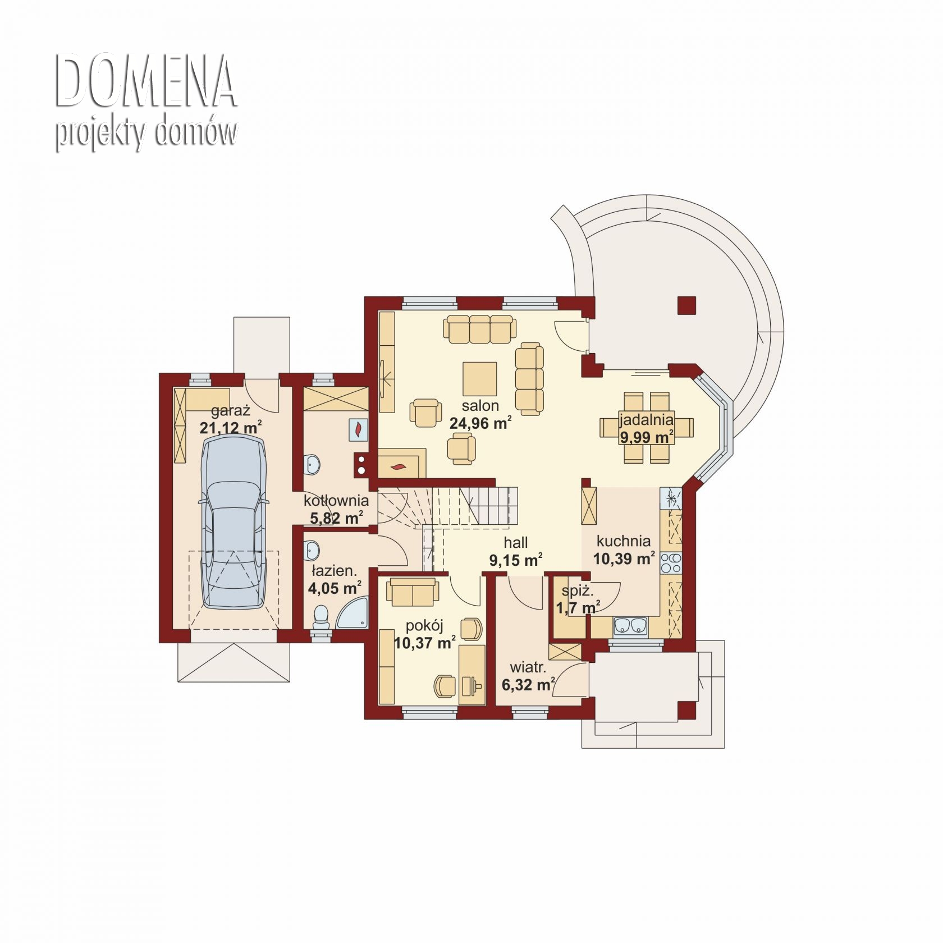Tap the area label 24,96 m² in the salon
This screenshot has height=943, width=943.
[x=480, y=423]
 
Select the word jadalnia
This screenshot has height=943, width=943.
[x=646, y=420]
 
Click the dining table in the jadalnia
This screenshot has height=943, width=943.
[x=646, y=428]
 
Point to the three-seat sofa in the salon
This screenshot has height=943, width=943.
[x=480, y=329]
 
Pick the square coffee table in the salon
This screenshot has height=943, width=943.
[x=480, y=379]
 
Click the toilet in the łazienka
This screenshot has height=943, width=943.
[x=321, y=616]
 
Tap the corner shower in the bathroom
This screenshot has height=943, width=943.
[x=353, y=613]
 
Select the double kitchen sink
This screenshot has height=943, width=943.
[x=630, y=626]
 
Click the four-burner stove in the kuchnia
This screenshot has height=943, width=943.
[x=671, y=563]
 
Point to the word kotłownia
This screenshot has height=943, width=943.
[x=336, y=500]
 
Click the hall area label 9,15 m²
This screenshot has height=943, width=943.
[x=516, y=560]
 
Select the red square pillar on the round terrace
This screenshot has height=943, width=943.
[x=686, y=305]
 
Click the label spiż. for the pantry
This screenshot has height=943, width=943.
[x=578, y=590]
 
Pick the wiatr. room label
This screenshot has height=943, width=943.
[x=528, y=667]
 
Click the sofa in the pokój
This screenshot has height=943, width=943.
[x=413, y=592]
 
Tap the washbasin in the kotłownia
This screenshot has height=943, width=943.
[x=312, y=464]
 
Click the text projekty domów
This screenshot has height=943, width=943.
[x=146, y=134]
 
